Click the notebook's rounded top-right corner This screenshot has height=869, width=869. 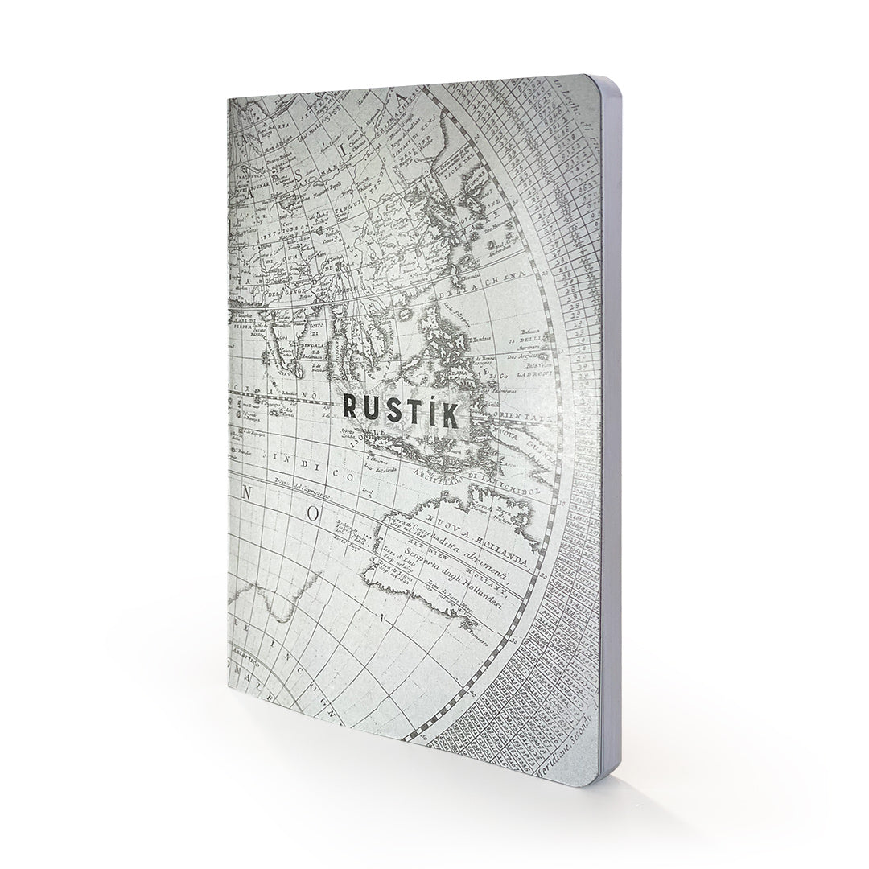pos(596,83)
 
